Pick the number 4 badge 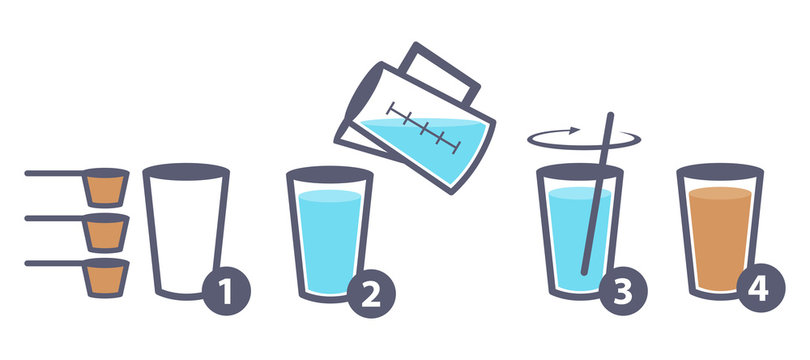pos(762,292)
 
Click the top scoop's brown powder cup pos(105,187)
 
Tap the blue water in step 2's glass pos(329,240)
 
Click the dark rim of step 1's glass pos(186,170)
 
